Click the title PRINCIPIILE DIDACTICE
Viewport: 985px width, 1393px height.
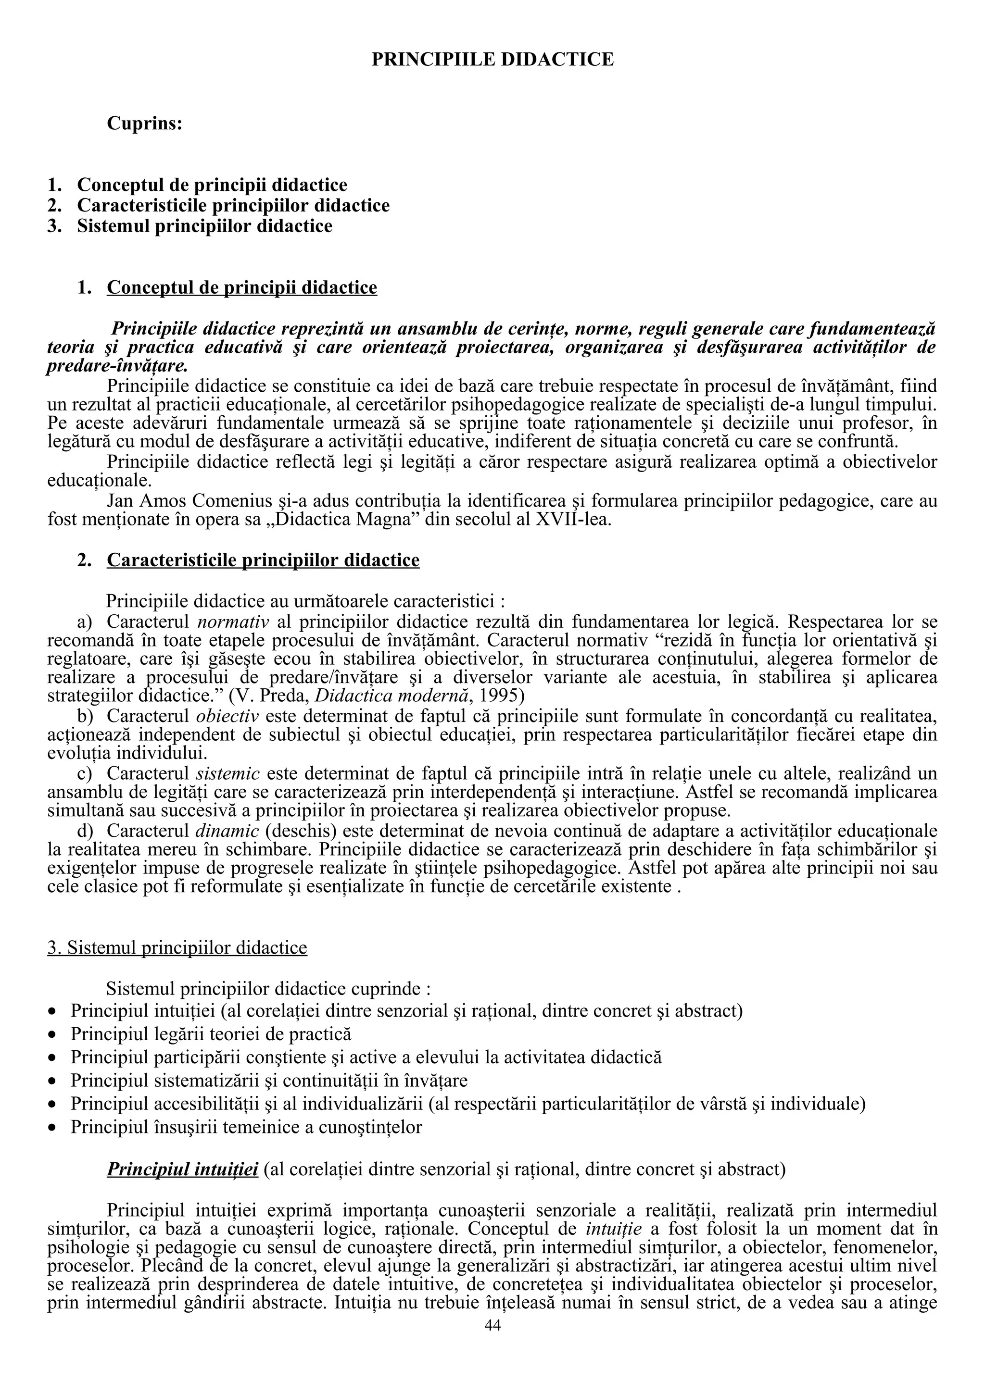pyautogui.click(x=492, y=60)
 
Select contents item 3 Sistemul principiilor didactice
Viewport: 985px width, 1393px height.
pyautogui.click(x=204, y=226)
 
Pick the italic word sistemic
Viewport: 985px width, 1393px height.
pyautogui.click(x=228, y=773)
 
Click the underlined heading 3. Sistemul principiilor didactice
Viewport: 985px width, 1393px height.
pyautogui.click(x=177, y=948)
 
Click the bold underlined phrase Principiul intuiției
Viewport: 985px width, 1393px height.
pyautogui.click(x=183, y=1169)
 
